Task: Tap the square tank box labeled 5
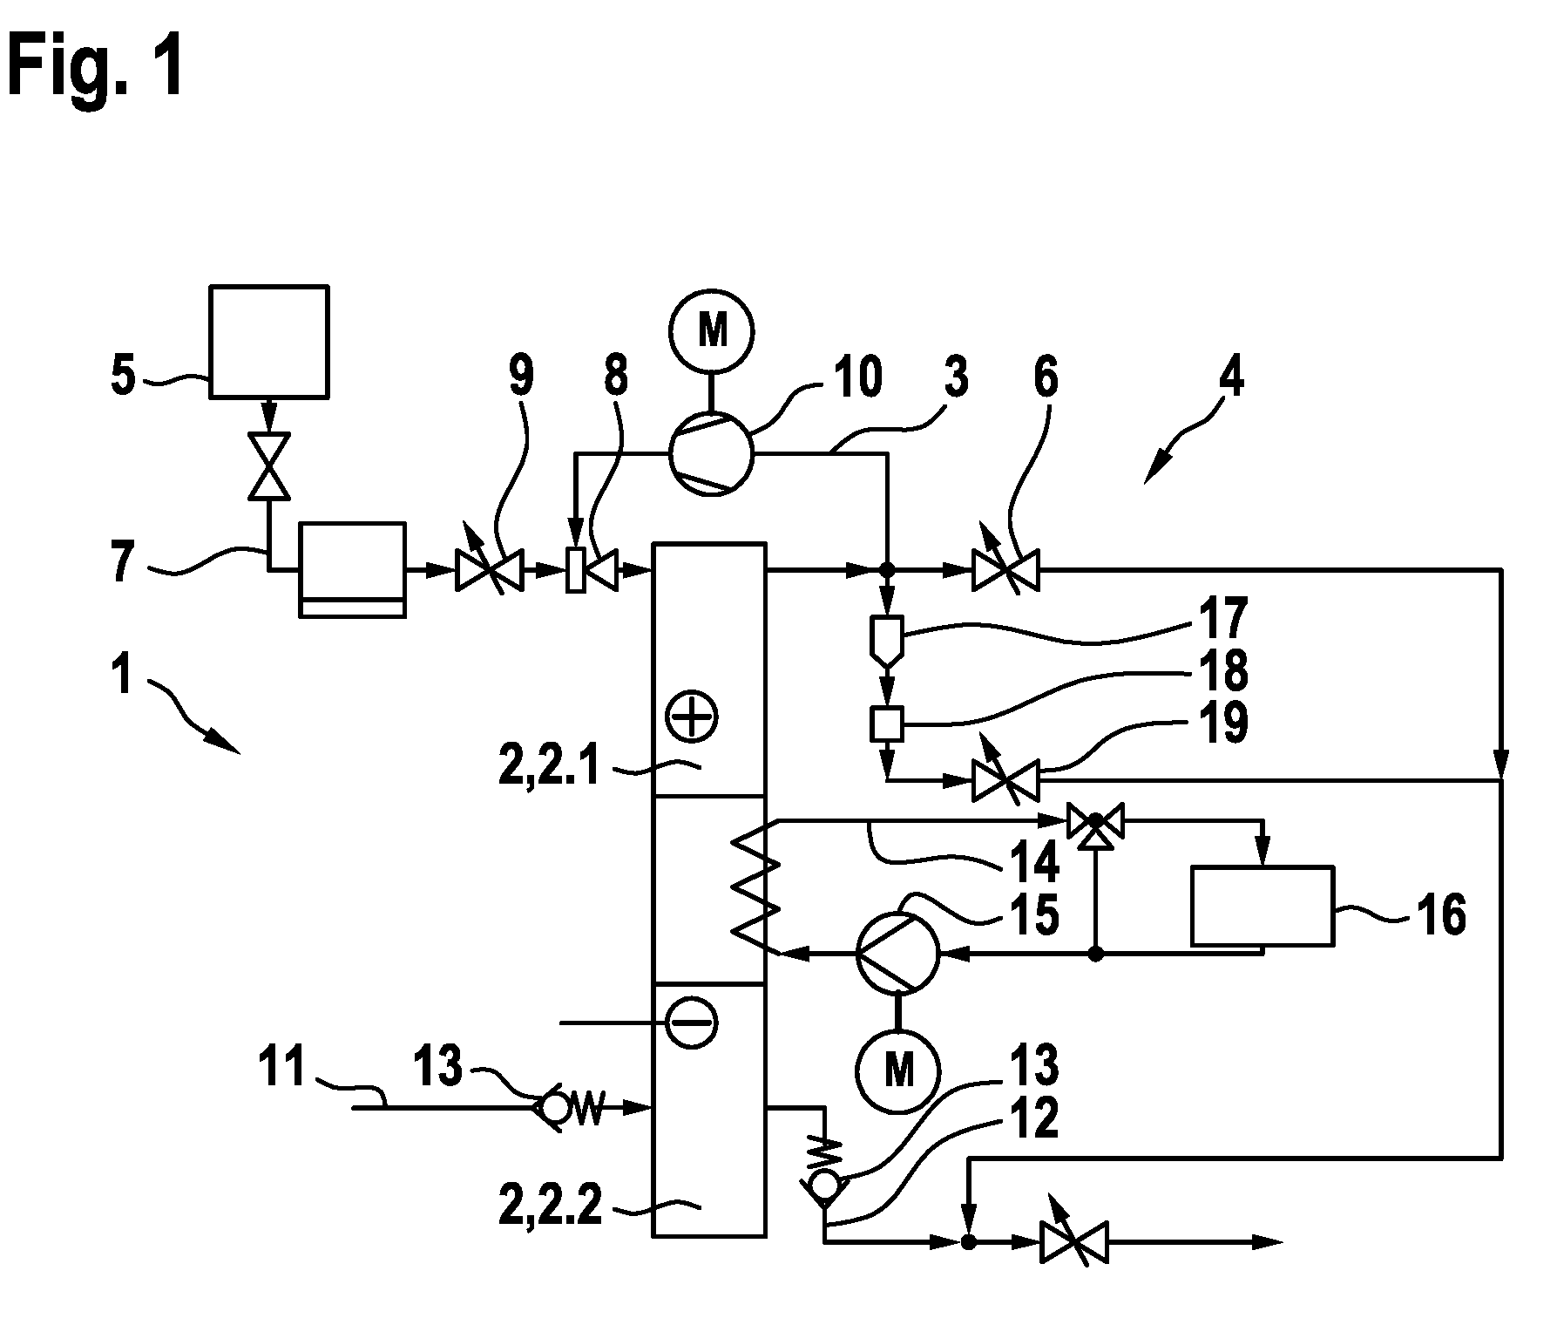pyautogui.click(x=269, y=342)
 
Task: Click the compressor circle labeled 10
pyautogui.click(x=711, y=452)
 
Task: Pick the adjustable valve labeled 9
pyautogui.click(x=489, y=570)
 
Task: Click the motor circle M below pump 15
pyautogui.click(x=898, y=1069)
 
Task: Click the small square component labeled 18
pyautogui.click(x=887, y=723)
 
